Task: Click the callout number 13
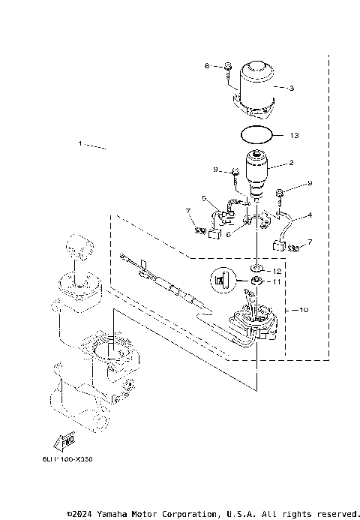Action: coord(295,136)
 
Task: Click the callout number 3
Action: coord(292,88)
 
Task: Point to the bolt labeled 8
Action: coord(227,71)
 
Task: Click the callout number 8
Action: coord(208,67)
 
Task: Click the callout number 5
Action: coord(203,199)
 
